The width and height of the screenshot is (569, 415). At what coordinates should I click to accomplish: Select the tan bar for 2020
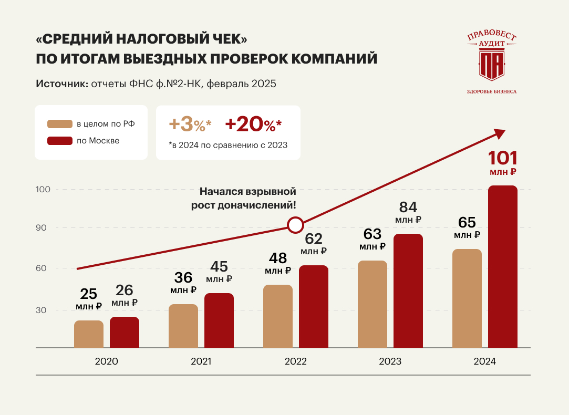[89, 334]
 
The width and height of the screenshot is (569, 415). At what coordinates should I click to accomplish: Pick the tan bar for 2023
[373, 304]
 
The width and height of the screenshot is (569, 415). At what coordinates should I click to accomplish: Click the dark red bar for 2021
[219, 320]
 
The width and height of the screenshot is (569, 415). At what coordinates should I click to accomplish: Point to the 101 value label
[503, 158]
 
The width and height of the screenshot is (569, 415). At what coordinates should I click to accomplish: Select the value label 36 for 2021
[183, 277]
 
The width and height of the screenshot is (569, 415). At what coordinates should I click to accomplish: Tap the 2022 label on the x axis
[296, 361]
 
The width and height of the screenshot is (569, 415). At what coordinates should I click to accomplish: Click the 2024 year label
[484, 361]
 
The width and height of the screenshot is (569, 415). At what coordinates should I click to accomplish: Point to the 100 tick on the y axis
[43, 189]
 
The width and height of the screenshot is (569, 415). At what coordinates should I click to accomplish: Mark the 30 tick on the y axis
[42, 310]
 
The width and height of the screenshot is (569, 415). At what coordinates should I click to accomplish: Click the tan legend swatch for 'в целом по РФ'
[59, 124]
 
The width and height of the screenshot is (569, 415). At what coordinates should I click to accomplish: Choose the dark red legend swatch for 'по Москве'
[59, 141]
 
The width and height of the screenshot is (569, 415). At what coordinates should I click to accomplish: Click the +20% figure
[253, 124]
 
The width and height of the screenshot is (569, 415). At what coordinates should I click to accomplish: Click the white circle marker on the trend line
[295, 225]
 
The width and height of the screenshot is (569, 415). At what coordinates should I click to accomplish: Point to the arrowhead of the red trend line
[499, 133]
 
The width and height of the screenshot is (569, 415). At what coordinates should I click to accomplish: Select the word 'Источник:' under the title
[61, 84]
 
